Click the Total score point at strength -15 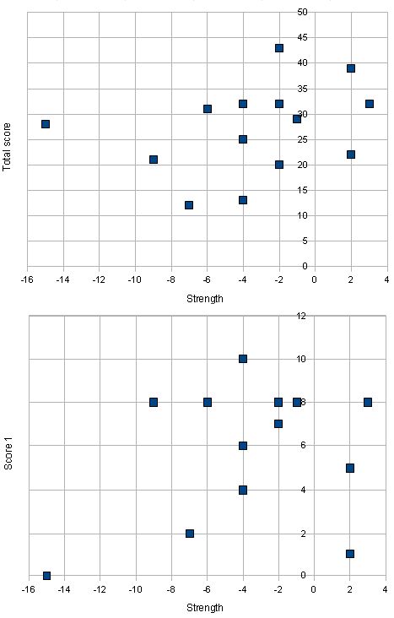coord(46,124)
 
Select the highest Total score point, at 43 coord(278,48)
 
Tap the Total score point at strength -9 coord(154,160)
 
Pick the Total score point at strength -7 coord(189,205)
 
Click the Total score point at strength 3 coord(369,104)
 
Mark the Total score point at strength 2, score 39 coord(351,68)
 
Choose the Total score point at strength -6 coord(208,109)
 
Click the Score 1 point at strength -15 coord(46,576)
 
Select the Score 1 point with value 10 coord(243,359)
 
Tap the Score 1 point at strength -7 coord(190,534)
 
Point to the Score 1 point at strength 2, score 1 coord(350,554)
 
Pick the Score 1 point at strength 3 coord(368,402)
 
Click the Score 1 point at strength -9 coord(154,402)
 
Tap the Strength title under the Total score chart coord(206,298)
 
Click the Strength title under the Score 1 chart coord(206,607)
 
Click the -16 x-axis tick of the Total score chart coord(27,279)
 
